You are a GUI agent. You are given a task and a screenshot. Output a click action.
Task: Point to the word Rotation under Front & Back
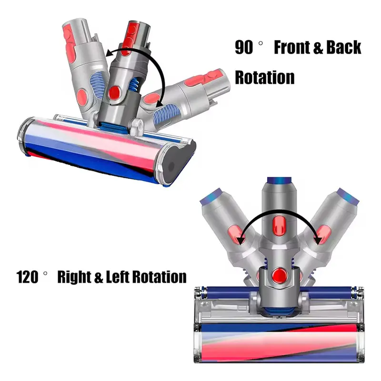[265, 77]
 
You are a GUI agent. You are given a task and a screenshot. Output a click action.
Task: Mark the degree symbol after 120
[47, 272]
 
